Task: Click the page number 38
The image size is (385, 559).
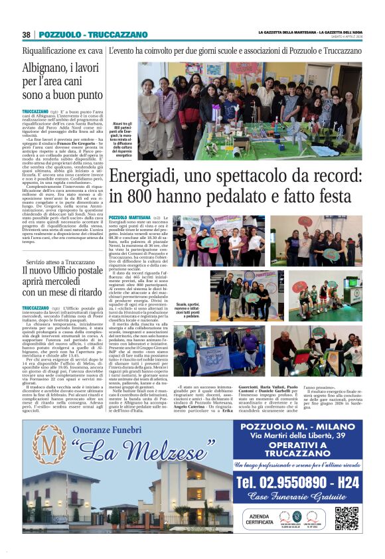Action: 27,35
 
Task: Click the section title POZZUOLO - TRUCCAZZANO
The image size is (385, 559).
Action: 93,35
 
